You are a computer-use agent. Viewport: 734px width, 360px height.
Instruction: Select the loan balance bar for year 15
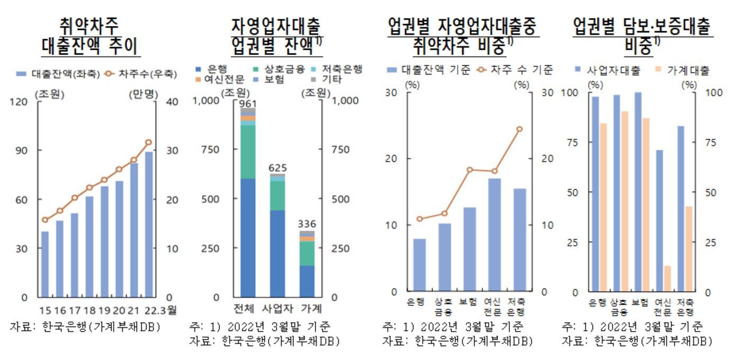(x=45, y=264)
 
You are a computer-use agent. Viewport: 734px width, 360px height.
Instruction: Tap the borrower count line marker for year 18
(x=89, y=187)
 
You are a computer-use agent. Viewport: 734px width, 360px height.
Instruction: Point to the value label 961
(x=247, y=104)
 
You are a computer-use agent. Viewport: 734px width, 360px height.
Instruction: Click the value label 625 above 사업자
(x=278, y=168)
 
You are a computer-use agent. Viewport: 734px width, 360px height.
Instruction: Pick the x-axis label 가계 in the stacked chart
(x=308, y=309)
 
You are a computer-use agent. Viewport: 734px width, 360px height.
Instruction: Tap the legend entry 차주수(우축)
(x=144, y=74)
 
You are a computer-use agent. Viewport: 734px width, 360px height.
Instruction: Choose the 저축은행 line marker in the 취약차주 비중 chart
(x=520, y=129)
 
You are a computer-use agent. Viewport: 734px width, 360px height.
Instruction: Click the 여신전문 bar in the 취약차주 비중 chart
(x=494, y=235)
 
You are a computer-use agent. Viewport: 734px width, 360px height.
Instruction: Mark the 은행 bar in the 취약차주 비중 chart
(x=419, y=265)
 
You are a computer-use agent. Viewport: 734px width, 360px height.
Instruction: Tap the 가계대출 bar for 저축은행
(x=689, y=249)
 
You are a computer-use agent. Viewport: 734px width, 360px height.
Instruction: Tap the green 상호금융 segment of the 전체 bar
(x=248, y=152)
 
